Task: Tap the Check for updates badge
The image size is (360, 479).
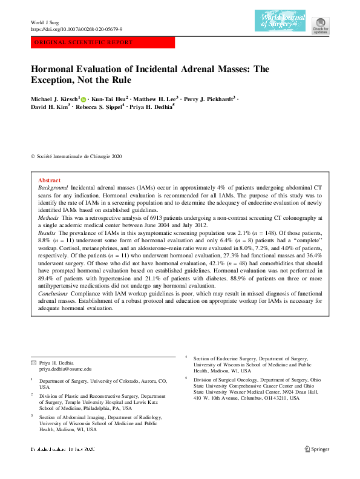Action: [x=320, y=24]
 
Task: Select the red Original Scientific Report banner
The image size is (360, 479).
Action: [x=102, y=43]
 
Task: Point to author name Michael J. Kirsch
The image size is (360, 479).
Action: [x=54, y=98]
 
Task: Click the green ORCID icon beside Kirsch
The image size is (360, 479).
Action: [x=83, y=98]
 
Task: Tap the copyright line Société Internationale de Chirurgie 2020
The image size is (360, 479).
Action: [x=79, y=156]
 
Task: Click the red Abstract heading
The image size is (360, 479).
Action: [x=49, y=180]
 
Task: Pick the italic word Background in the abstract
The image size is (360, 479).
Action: [x=52, y=189]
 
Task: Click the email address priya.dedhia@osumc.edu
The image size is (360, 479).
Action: [x=65, y=368]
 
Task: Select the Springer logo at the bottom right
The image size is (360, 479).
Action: [x=317, y=449]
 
